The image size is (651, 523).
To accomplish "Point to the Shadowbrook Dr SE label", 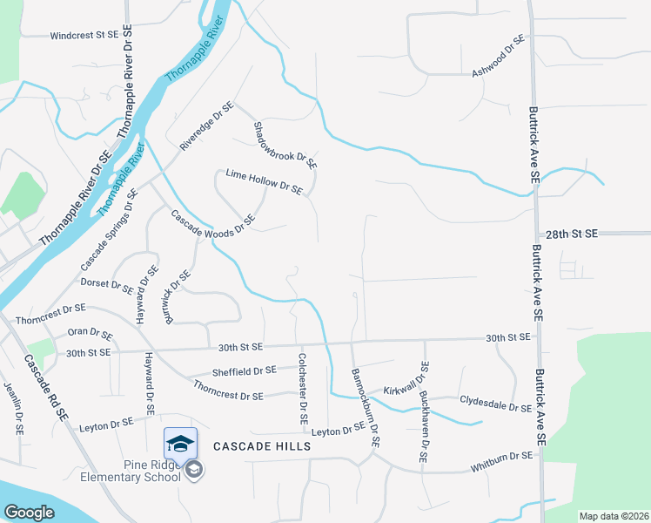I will pos(285,145).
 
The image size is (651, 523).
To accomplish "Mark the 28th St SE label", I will pos(573,234).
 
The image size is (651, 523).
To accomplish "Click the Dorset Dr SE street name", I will pos(107,285).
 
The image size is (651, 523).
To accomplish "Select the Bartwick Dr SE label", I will pos(177,297).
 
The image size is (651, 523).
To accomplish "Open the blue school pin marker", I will pos(180,444).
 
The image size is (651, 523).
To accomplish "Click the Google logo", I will pos(30,513).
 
